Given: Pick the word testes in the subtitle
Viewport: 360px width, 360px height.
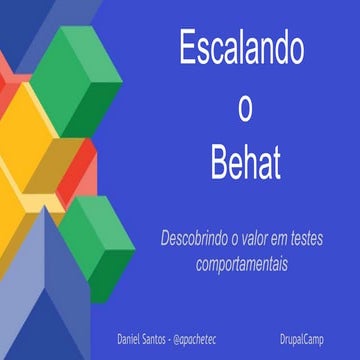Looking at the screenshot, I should pyautogui.click(x=334, y=240).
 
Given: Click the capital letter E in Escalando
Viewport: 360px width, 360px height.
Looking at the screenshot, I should pyautogui.click(x=185, y=51).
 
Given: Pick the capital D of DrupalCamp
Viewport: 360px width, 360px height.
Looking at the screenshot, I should pyautogui.click(x=283, y=328).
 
